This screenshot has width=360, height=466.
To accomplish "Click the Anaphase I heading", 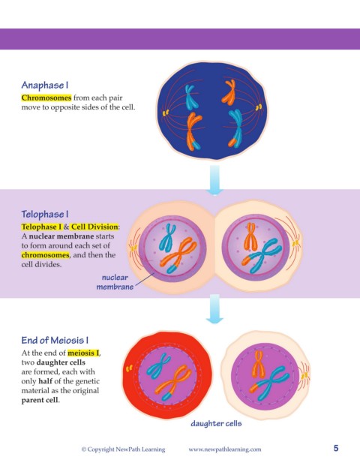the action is pos(45,86).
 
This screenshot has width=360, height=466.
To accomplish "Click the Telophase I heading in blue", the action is pos(45,215).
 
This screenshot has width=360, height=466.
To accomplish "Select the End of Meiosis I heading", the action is pos(55,340).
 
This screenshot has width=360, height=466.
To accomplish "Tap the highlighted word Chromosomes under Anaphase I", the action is pos(46,98).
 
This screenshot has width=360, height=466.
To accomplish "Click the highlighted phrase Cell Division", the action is pos(94,227).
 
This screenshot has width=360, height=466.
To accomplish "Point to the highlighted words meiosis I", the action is pos(83,353).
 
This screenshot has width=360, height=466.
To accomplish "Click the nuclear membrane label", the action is pos(115,282).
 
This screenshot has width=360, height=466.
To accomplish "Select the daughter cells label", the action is pos(216,423).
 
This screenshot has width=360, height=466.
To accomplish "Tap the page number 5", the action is pos(336,448).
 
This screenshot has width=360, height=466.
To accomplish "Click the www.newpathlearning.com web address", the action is pos(225,449).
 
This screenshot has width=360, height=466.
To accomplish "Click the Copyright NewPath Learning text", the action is pos(123,449).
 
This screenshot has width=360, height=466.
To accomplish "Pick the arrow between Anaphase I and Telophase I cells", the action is pos(214,180).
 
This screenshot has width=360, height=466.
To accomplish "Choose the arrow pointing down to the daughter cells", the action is pos(214,309).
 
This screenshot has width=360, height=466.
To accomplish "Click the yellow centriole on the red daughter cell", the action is pos(129,368).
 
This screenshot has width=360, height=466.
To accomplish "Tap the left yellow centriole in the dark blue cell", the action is pos(166,113).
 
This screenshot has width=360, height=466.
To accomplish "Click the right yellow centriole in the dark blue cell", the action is pos(259,107).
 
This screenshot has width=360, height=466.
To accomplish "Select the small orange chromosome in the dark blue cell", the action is pos(229,92).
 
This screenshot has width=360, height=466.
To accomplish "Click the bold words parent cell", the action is pos(40,400).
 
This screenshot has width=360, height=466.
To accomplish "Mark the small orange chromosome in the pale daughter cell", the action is pos(257,364).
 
